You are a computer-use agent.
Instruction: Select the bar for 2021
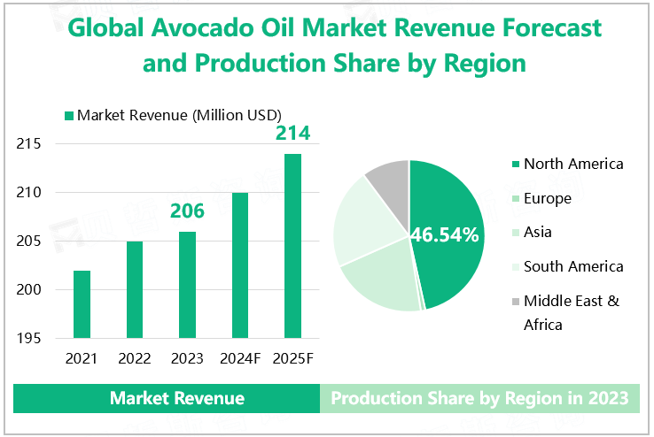82,303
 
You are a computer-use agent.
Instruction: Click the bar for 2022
135,289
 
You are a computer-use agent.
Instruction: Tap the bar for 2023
187,284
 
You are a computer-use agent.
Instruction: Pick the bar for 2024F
239,264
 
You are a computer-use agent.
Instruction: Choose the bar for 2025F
292,245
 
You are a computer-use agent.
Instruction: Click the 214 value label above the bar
292,134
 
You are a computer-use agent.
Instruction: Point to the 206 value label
187,211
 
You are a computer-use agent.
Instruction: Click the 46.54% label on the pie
444,235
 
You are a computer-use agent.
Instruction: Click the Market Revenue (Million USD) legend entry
173,115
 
